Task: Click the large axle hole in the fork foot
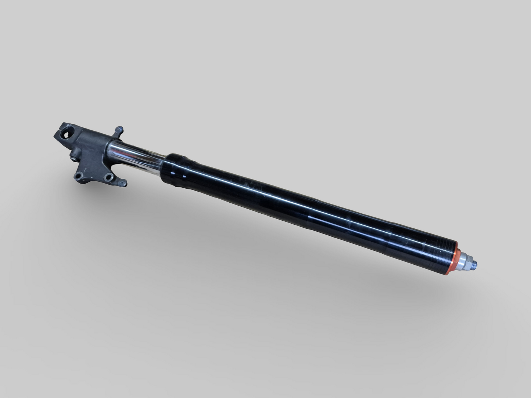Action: tap(68, 134)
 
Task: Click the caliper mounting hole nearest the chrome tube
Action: tap(108, 177)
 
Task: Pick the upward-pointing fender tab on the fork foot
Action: tap(119, 131)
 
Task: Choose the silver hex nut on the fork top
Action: tap(472, 261)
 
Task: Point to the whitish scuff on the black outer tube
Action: tap(257, 191)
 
